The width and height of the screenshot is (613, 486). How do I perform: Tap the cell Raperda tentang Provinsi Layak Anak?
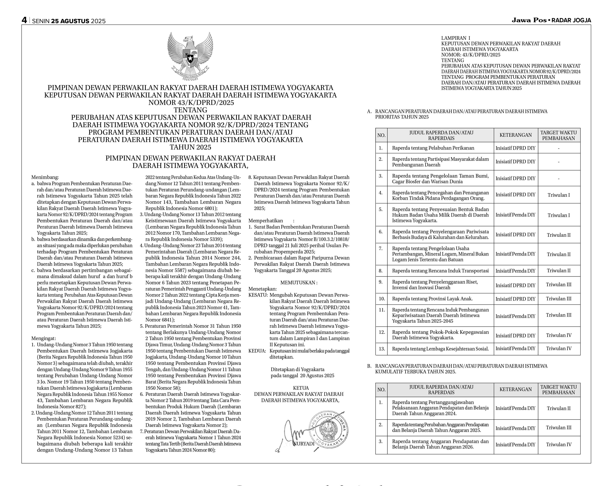432,299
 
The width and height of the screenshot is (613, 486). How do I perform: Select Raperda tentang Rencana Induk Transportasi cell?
440,271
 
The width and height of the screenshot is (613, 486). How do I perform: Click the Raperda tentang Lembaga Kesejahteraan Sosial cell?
440,349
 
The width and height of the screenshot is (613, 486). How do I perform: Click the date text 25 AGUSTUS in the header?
70,21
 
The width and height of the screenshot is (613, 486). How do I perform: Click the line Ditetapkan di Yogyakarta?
297,369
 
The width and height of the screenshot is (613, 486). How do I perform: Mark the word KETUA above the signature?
300,388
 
